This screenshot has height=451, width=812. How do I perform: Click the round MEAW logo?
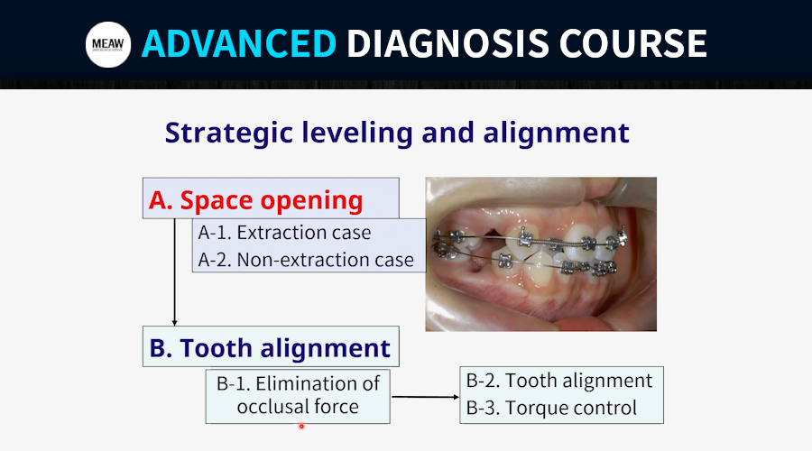pos(108,44)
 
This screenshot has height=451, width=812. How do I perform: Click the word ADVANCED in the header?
pos(239,43)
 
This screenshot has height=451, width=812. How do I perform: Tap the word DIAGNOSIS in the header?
pos(448,43)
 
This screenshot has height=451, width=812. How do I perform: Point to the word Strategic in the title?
pos(229,133)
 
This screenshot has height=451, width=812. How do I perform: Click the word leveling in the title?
pos(357,133)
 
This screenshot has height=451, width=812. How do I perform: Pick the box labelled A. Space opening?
pos(271,198)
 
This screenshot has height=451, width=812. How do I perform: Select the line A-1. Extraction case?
pos(284,233)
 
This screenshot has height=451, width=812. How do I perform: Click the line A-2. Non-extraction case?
pos(306,260)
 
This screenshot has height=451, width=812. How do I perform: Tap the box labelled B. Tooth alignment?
pos(271,346)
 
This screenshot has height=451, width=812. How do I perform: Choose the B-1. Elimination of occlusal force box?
pos(298,396)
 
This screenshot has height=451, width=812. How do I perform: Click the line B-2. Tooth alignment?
pos(559,381)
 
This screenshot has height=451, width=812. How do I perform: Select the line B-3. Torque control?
pos(551,408)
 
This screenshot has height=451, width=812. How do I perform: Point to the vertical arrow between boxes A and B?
pos(174,272)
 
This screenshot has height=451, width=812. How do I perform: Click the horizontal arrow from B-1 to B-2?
pos(425,397)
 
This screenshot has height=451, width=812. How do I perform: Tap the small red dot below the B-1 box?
pos(301,427)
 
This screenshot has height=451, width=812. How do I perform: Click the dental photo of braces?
pos(541,254)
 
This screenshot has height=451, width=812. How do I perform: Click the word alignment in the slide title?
pos(556,133)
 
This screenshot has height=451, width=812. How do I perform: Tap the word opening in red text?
pos(312,201)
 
